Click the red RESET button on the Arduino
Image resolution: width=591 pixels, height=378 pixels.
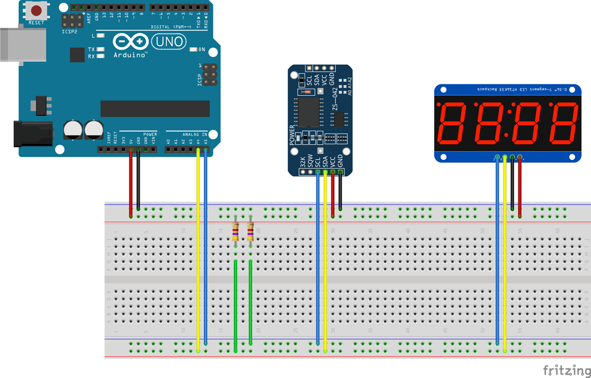tap(37, 10)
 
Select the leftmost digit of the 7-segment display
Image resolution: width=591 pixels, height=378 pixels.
tap(454, 123)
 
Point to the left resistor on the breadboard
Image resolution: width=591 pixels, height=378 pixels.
tap(235, 231)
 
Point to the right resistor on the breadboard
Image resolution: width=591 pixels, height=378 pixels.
tap(250, 231)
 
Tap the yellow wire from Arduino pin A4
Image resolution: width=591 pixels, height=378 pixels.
tap(199, 248)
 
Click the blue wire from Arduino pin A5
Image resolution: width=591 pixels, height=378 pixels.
tap(206, 248)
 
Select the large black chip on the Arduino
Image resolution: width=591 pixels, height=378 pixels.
tap(155, 108)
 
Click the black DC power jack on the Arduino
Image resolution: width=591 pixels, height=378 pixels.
tap(32, 134)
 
